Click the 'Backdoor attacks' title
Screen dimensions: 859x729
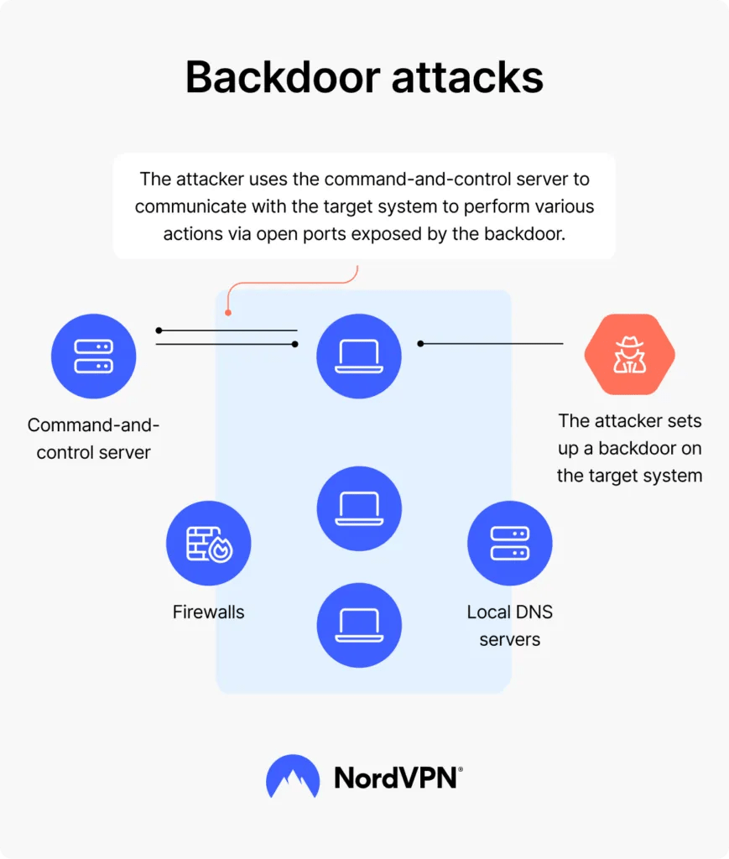[x=364, y=78]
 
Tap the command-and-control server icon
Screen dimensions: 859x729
[x=93, y=356]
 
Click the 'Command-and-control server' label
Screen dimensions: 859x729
[x=93, y=439]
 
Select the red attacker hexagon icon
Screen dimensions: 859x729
[x=629, y=355]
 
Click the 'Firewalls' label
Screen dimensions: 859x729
[x=208, y=612]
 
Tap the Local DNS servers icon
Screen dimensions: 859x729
[x=509, y=544]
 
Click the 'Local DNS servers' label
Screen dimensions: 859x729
[x=509, y=626]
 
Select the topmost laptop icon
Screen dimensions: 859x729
[x=359, y=356]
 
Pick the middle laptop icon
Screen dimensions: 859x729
[x=359, y=508]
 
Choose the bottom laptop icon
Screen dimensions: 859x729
[x=359, y=625]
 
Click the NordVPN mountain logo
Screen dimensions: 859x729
[x=293, y=777]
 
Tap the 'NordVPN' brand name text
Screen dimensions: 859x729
[x=396, y=778]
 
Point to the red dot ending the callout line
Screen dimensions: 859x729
[x=227, y=315]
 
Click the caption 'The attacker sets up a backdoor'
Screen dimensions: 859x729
[x=629, y=448]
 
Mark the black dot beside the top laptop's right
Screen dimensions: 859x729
[x=421, y=343]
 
